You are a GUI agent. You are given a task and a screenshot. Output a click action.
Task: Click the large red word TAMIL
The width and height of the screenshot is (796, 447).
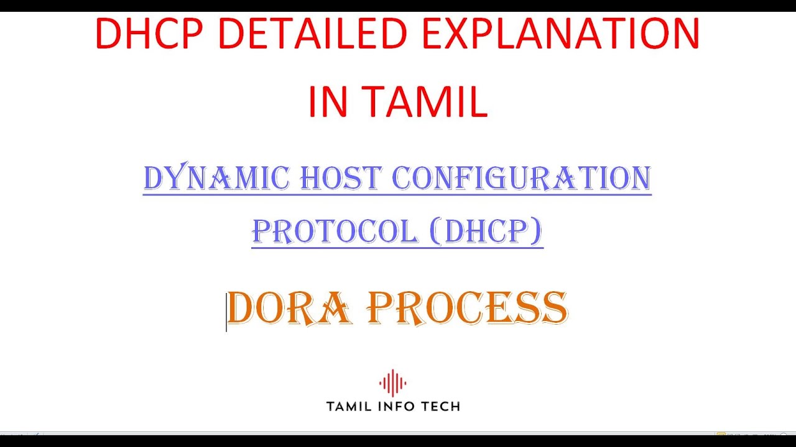coord(425,101)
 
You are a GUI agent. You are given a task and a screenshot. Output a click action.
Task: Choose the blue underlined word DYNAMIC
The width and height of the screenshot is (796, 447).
coord(216,179)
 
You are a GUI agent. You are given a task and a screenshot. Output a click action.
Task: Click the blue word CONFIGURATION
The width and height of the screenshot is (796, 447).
coord(521,179)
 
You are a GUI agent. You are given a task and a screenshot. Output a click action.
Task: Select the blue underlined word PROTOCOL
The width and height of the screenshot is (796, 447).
coord(335,232)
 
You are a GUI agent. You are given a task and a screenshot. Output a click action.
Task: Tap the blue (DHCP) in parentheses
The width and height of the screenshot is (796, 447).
coord(486,232)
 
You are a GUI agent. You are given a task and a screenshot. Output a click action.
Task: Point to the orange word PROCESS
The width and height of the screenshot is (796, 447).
coord(467,309)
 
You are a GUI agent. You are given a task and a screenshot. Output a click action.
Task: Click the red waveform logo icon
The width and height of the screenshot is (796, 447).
coord(392,383)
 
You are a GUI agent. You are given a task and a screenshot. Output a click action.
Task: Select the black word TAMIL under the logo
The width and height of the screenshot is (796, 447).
coord(350,407)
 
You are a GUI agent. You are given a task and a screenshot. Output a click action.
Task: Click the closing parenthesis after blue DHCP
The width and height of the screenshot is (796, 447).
coord(537,232)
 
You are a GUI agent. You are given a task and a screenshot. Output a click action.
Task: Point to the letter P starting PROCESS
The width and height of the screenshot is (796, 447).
coord(379,309)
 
